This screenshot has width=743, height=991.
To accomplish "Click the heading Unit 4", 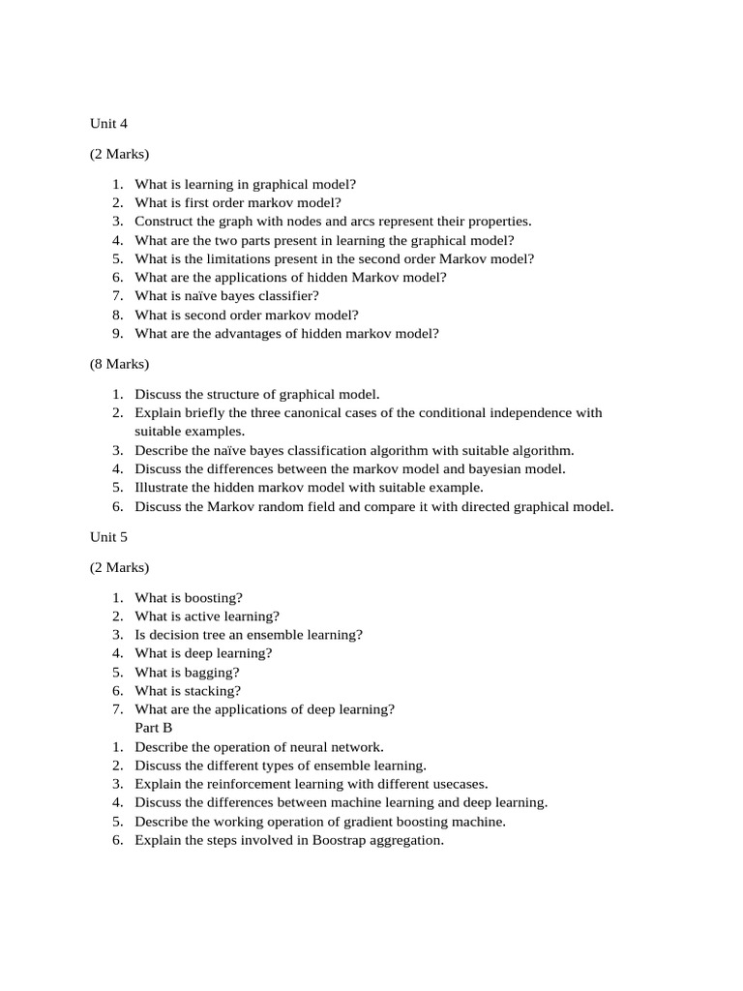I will (x=108, y=124).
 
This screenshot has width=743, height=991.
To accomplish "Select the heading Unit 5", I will (x=108, y=536).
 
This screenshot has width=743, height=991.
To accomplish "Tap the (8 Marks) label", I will (x=120, y=364).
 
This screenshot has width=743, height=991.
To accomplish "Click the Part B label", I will (x=154, y=728).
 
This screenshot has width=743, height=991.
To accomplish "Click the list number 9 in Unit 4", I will (x=116, y=334).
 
